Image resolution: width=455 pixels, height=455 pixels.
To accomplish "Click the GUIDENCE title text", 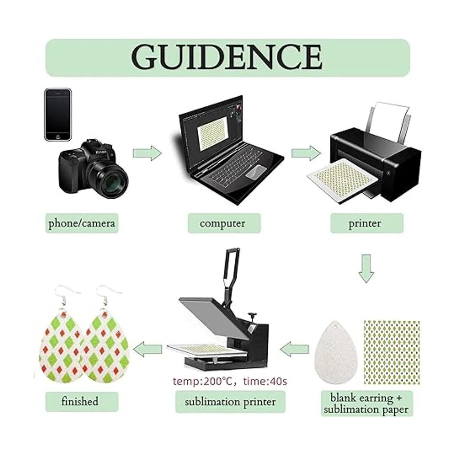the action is pos(227,57).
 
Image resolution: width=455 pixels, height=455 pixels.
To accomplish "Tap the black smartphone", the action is pos(58,115).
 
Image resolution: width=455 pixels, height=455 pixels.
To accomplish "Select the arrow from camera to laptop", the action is pos(147,153).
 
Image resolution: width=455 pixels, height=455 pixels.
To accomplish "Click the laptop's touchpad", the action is pos(256,172).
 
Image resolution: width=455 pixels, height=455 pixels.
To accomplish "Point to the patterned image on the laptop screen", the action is pos(213,133).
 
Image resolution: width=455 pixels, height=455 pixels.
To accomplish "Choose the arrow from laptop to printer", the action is pos(306,153).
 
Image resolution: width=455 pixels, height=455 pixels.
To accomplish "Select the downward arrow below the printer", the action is pos(366,268).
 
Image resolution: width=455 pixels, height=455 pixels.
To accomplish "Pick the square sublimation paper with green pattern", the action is pos(392,352).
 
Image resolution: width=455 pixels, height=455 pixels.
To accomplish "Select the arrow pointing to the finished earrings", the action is pos(147,349).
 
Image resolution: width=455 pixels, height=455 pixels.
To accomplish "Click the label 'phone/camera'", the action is pos(82,223).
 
